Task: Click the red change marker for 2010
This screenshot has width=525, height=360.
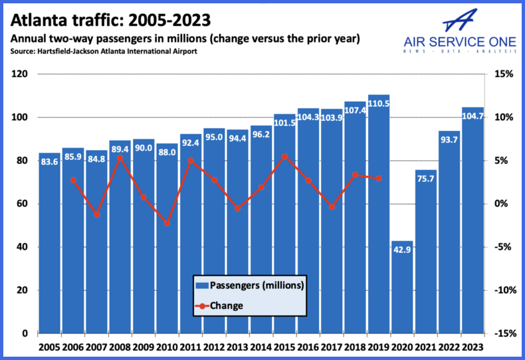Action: tap(167, 223)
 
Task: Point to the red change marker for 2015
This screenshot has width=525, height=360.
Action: tap(284, 156)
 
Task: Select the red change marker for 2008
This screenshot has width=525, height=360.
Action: tap(120, 157)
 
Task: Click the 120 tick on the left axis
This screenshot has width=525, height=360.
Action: tap(19, 74)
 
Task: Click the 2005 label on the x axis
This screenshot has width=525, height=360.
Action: tap(49, 347)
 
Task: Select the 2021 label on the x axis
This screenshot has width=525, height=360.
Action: tap(425, 347)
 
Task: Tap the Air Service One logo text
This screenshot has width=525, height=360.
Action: tap(460, 43)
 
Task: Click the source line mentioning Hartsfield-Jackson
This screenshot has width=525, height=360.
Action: tap(103, 51)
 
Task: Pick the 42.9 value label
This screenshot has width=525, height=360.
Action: tap(402, 250)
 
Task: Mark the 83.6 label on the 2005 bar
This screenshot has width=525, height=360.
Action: tap(49, 162)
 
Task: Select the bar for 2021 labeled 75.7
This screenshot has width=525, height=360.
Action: tap(425, 266)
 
